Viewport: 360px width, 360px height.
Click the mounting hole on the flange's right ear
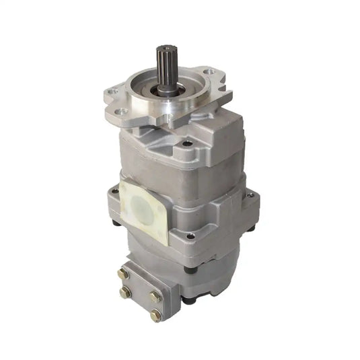tap(210, 72)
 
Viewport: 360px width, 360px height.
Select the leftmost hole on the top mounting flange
tap(114, 92)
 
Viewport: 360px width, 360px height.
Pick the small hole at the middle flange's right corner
tap(250, 194)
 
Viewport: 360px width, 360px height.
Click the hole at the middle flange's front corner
tap(190, 236)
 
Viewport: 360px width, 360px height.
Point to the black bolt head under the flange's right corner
tap(250, 228)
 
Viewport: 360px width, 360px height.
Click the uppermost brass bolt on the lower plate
tap(122, 273)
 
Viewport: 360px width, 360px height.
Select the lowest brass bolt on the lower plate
tap(157, 313)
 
